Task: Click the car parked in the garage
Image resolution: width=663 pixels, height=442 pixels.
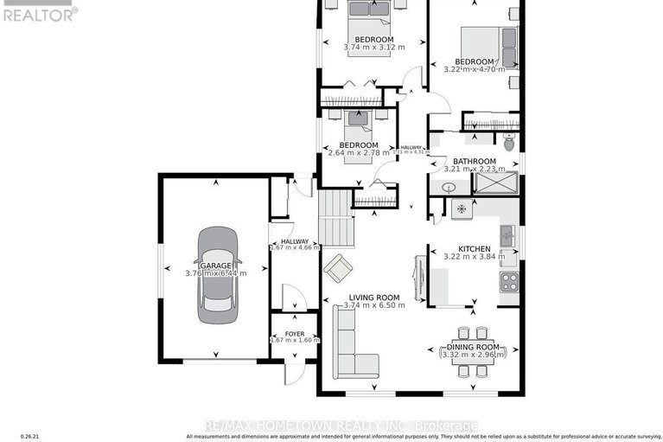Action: [215, 275]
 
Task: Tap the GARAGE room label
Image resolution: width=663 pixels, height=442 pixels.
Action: [215, 264]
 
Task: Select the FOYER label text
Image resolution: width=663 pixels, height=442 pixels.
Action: [295, 330]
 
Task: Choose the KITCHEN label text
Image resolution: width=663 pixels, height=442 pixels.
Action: [474, 248]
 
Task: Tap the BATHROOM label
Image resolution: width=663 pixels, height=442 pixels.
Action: [475, 161]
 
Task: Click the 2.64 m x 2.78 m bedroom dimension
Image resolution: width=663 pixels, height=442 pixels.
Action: [358, 154]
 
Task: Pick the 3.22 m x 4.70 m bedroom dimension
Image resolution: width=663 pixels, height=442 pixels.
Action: [475, 71]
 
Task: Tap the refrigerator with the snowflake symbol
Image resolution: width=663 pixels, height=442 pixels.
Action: [462, 208]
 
